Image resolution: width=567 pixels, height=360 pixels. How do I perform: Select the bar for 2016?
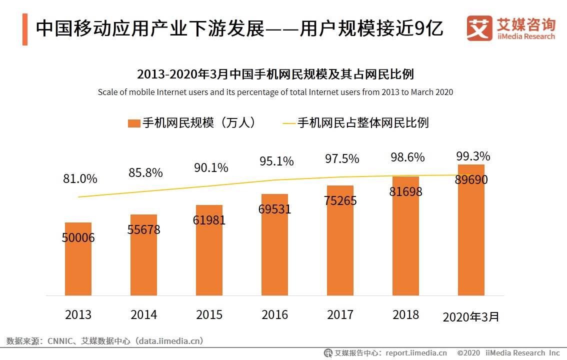click(274, 250)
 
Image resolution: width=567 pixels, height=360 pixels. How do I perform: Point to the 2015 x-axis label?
click(209, 314)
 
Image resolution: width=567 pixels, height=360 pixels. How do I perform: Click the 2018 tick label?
click(405, 314)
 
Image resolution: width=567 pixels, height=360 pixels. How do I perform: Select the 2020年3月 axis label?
click(471, 316)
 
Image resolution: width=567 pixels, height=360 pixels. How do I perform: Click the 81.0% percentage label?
click(80, 178)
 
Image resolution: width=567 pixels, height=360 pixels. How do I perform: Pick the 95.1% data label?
click(276, 161)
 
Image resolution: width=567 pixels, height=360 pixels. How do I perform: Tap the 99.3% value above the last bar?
click(473, 155)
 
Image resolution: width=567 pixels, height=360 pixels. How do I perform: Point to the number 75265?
click(340, 200)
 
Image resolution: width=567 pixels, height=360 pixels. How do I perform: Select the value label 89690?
click(471, 180)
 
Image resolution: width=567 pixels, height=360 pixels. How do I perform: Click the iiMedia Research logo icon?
click(479, 28)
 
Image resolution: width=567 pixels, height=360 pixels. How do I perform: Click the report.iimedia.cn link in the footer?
click(416, 352)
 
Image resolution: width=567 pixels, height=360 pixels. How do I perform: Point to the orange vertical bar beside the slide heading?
click(24, 29)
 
